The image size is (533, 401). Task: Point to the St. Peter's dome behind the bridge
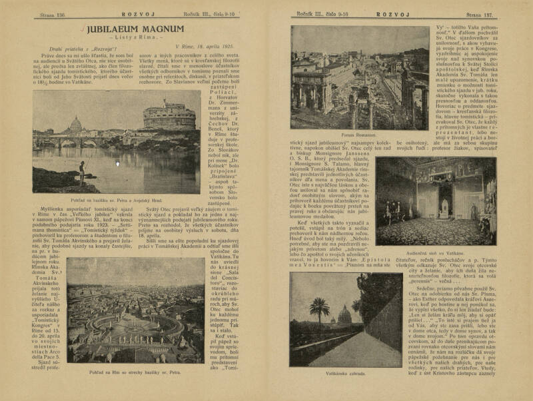tap(77, 125)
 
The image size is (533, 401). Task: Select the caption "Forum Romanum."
tap(358, 135)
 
